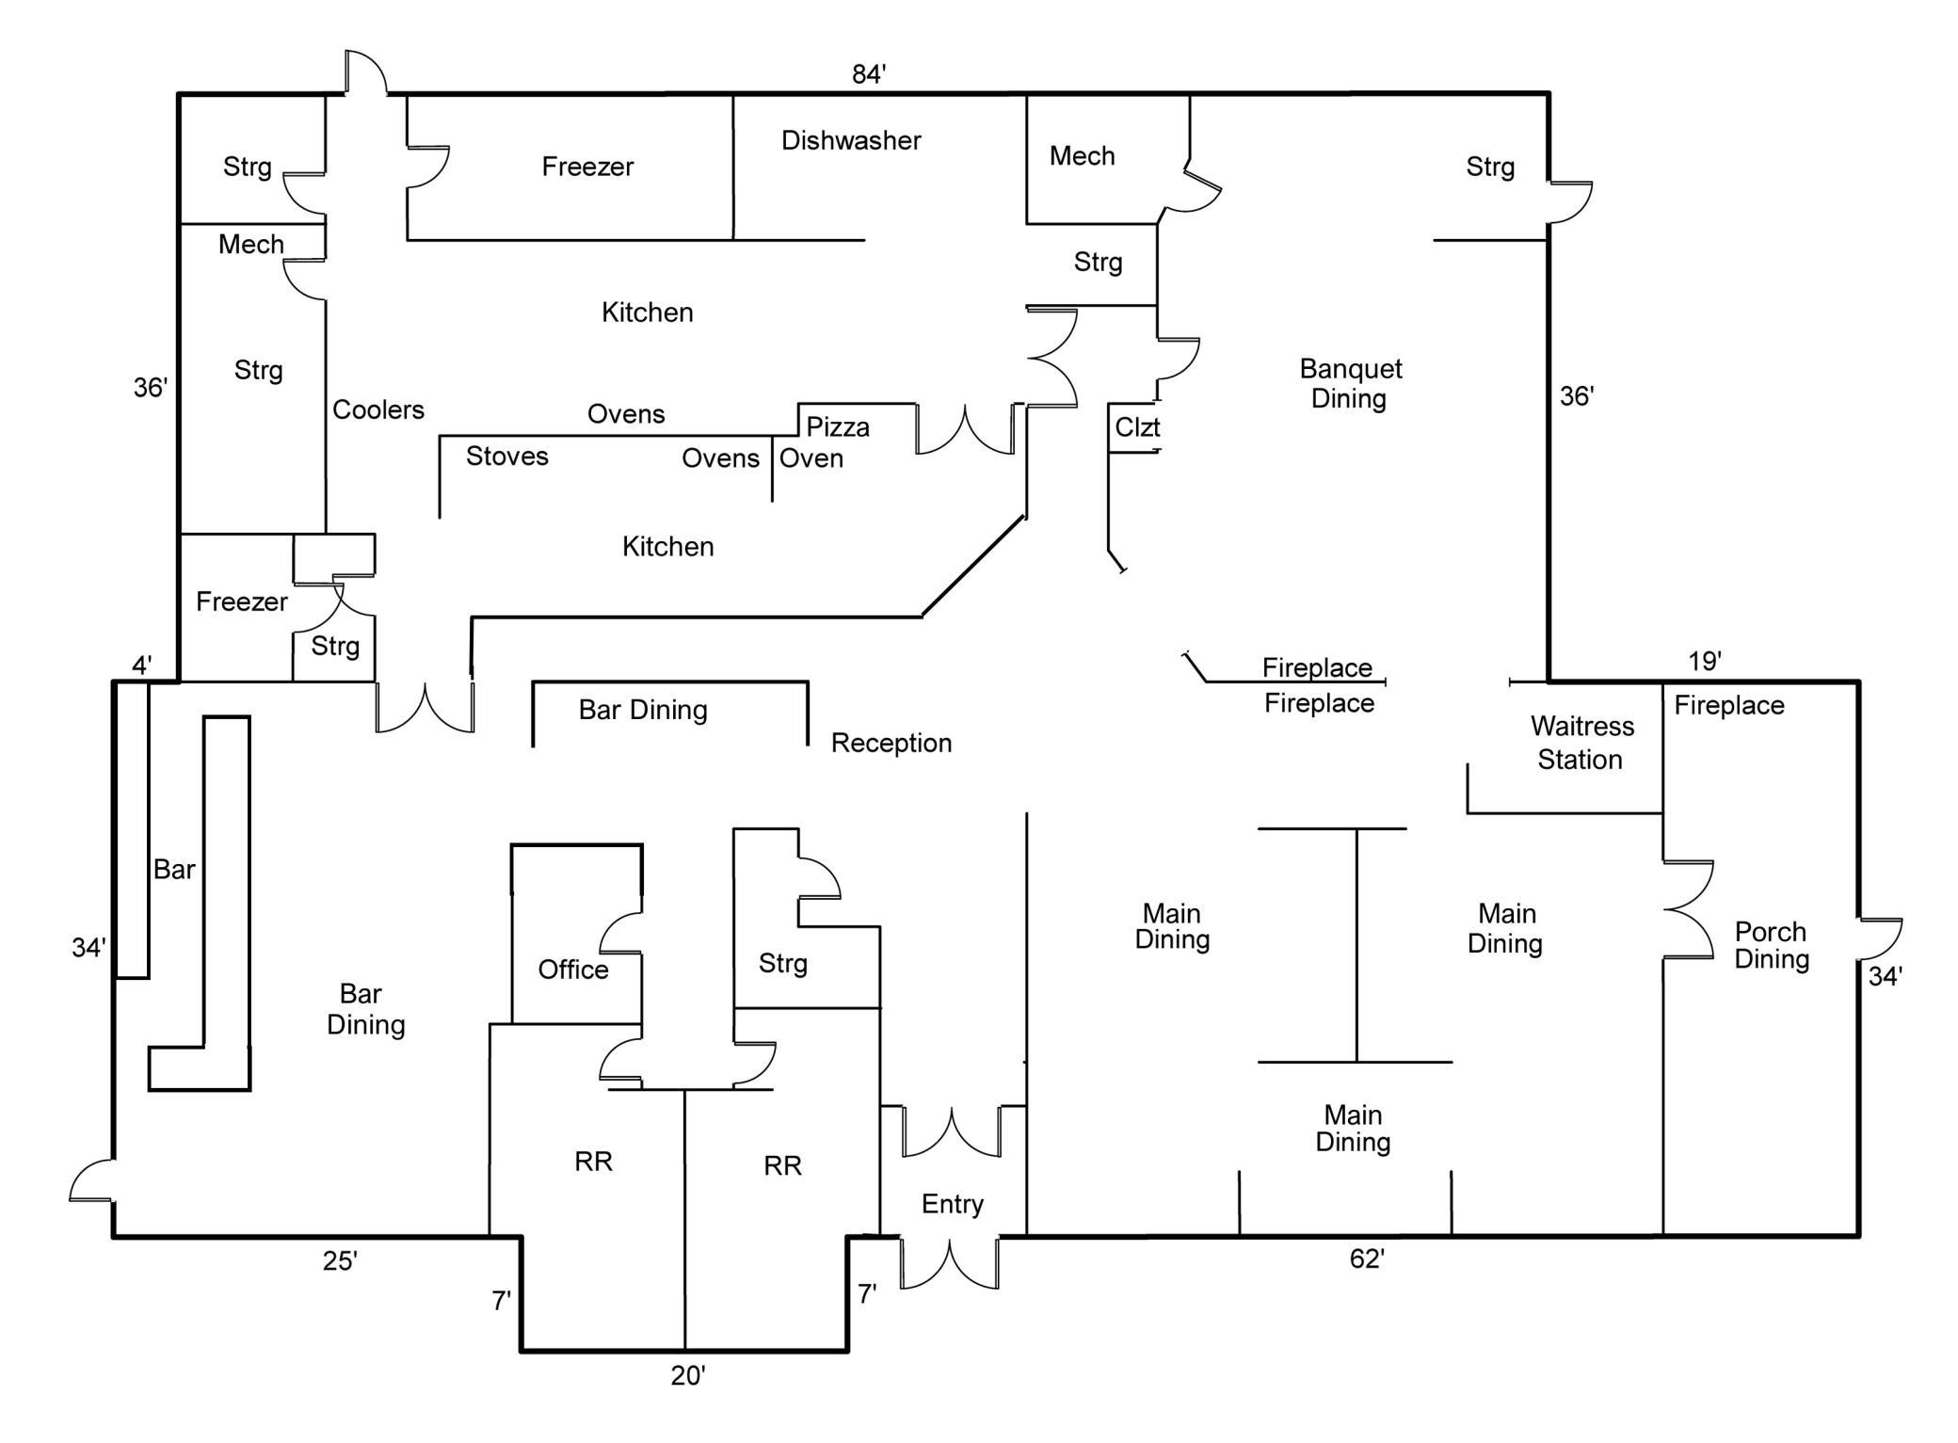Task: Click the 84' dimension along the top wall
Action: [868, 74]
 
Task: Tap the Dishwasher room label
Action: [850, 141]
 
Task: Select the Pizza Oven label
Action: [823, 442]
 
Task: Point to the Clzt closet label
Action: [1136, 427]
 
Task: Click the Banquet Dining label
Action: [1350, 383]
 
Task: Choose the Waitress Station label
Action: [1581, 743]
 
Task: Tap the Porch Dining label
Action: [1771, 945]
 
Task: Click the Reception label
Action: [891, 744]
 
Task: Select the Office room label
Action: [572, 970]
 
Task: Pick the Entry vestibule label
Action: [952, 1204]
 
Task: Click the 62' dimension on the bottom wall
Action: [1366, 1259]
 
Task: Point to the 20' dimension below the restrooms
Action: [687, 1376]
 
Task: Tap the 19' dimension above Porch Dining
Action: [1704, 662]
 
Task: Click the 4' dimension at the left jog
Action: [141, 665]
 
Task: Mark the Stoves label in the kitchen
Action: [506, 457]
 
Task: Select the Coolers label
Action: [377, 410]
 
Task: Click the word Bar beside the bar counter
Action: [174, 870]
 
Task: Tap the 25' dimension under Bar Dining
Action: [339, 1261]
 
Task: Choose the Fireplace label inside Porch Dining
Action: [1728, 706]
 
